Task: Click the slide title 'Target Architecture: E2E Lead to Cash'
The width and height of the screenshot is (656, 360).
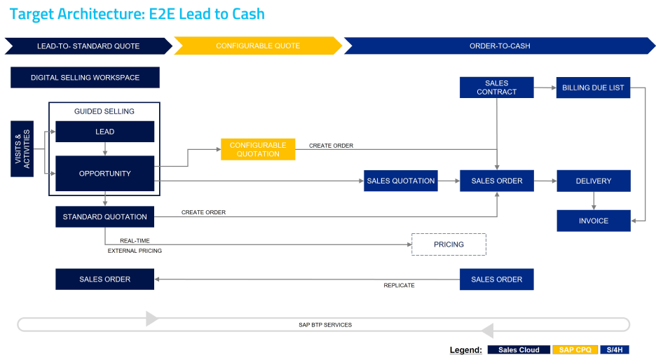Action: point(137,14)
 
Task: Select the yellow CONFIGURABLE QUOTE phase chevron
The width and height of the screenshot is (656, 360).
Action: point(257,46)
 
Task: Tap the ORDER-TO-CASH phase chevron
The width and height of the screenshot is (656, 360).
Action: point(499,46)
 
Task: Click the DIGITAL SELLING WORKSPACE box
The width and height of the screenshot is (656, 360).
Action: point(85,78)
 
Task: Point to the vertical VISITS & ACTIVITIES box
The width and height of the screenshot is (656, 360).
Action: point(22,148)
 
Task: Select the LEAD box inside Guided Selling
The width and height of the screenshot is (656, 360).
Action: point(104,132)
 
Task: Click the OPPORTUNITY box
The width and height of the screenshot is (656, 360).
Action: point(104,173)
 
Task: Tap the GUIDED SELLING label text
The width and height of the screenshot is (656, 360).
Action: point(104,111)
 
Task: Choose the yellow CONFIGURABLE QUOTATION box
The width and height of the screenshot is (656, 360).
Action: point(258,149)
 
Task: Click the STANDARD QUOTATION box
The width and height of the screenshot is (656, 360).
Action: point(104,216)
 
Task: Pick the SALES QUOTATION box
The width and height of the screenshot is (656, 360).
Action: point(400,181)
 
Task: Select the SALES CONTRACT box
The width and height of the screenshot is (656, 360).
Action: point(496,88)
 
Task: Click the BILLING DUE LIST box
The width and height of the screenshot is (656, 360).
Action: point(593,88)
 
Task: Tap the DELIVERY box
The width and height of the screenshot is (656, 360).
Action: point(593,181)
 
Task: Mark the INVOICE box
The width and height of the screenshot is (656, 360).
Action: point(593,221)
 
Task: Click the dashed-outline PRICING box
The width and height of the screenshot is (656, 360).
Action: point(449,244)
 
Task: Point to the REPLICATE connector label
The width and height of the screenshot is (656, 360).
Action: point(399,285)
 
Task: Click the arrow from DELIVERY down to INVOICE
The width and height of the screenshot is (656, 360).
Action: point(594,200)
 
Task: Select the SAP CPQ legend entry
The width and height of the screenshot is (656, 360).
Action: point(575,349)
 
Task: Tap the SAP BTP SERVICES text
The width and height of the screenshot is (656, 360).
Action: point(324,325)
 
